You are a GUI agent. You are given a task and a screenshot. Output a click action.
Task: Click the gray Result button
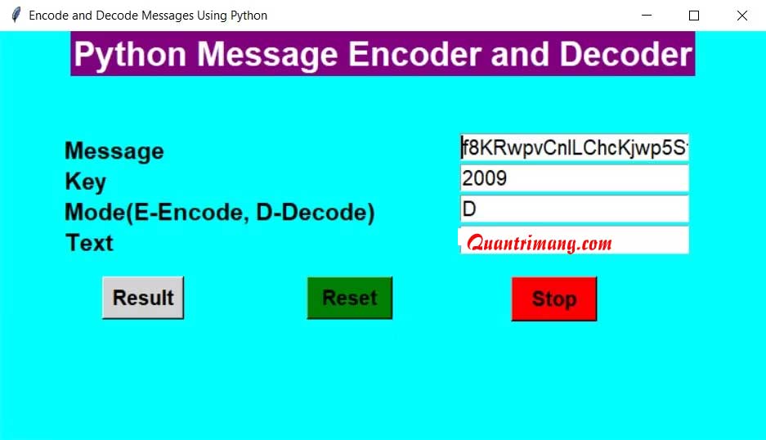pyautogui.click(x=143, y=298)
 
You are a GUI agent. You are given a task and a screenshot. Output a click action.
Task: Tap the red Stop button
pyautogui.click(x=554, y=299)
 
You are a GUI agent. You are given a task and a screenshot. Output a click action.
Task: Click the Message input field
pyautogui.click(x=574, y=147)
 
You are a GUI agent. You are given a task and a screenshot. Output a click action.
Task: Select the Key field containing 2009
pyautogui.click(x=574, y=178)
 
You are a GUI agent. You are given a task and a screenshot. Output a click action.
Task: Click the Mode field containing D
pyautogui.click(x=574, y=209)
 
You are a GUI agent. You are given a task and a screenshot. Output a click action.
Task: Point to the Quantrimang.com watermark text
pyautogui.click(x=540, y=243)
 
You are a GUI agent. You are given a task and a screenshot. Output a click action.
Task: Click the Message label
pyautogui.click(x=114, y=151)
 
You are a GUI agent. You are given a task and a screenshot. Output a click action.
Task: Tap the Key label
pyautogui.click(x=86, y=182)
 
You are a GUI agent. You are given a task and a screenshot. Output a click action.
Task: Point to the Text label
pyautogui.click(x=89, y=242)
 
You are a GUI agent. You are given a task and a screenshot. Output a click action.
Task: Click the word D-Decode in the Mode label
pyautogui.click(x=316, y=213)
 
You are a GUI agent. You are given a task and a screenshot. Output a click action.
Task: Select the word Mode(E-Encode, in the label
pyautogui.click(x=157, y=213)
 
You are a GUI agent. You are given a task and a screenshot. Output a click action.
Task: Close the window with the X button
pyautogui.click(x=742, y=16)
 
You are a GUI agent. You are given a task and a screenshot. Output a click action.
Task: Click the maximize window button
pyautogui.click(x=694, y=16)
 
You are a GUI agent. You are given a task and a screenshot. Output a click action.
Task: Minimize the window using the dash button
pyautogui.click(x=647, y=16)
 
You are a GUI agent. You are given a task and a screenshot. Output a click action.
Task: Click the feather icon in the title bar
pyautogui.click(x=16, y=16)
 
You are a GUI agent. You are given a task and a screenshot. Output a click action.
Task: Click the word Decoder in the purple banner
pyautogui.click(x=625, y=54)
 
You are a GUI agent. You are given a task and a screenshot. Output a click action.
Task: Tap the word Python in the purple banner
pyautogui.click(x=130, y=55)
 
